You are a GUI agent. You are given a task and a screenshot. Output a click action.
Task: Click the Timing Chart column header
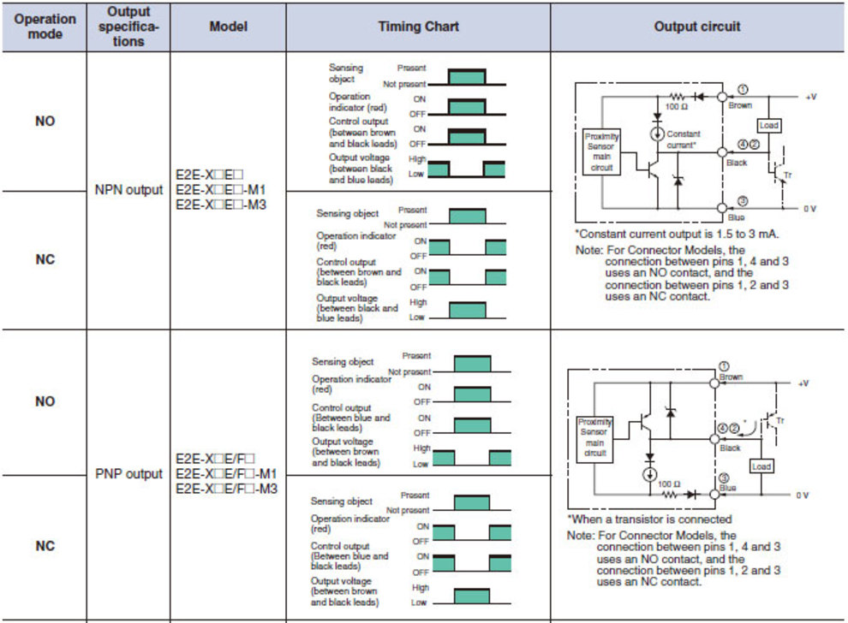418,27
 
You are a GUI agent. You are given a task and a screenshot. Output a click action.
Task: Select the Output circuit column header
697,27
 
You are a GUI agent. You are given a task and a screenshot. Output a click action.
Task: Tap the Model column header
229,27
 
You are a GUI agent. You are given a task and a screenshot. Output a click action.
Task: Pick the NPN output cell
128,189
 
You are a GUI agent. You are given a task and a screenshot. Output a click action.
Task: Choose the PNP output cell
128,473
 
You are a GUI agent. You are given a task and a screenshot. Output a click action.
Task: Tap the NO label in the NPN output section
45,121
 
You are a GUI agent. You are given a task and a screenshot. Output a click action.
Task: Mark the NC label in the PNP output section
45,545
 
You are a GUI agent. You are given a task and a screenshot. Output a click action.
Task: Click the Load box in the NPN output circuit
769,125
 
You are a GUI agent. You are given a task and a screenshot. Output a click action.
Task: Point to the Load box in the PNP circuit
761,466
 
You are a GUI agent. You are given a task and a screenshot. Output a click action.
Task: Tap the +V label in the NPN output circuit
811,97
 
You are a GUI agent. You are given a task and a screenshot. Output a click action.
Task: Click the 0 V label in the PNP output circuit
803,495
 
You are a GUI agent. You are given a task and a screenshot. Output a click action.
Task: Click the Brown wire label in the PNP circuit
732,377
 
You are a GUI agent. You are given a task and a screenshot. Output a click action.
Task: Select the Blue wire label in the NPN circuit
737,217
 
